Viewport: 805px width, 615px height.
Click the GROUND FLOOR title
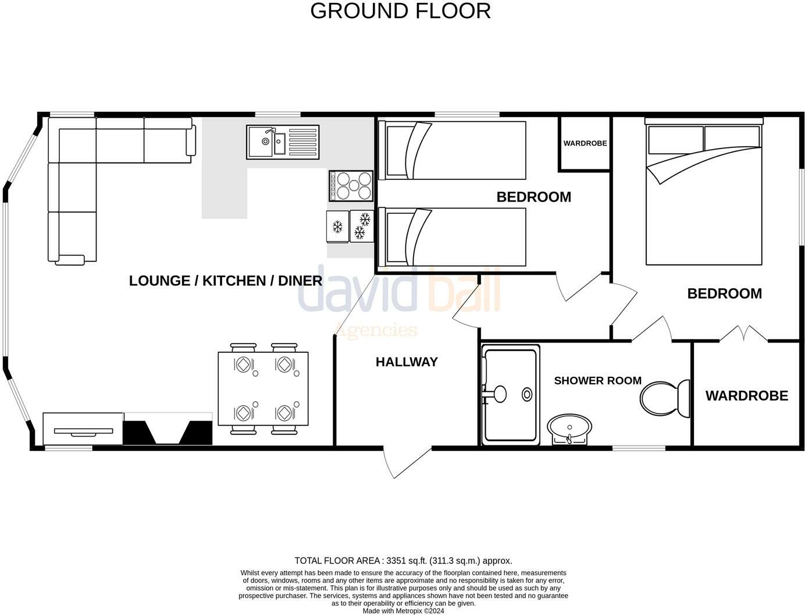[400, 11]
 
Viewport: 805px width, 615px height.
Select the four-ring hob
[351, 186]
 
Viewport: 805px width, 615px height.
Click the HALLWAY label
[407, 362]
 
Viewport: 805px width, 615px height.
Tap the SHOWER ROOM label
[597, 380]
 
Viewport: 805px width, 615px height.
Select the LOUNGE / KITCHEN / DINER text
[225, 281]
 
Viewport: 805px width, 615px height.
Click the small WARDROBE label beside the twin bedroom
[585, 143]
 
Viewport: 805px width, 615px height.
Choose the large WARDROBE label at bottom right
[746, 396]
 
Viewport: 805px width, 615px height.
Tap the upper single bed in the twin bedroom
[451, 150]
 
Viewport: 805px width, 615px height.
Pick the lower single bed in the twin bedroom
[451, 236]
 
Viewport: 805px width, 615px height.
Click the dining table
[263, 388]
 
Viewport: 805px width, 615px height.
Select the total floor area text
[403, 561]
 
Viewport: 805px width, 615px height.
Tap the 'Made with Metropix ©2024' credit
[403, 611]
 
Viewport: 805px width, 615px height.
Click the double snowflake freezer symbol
[362, 226]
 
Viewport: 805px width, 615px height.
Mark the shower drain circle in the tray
[527, 394]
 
